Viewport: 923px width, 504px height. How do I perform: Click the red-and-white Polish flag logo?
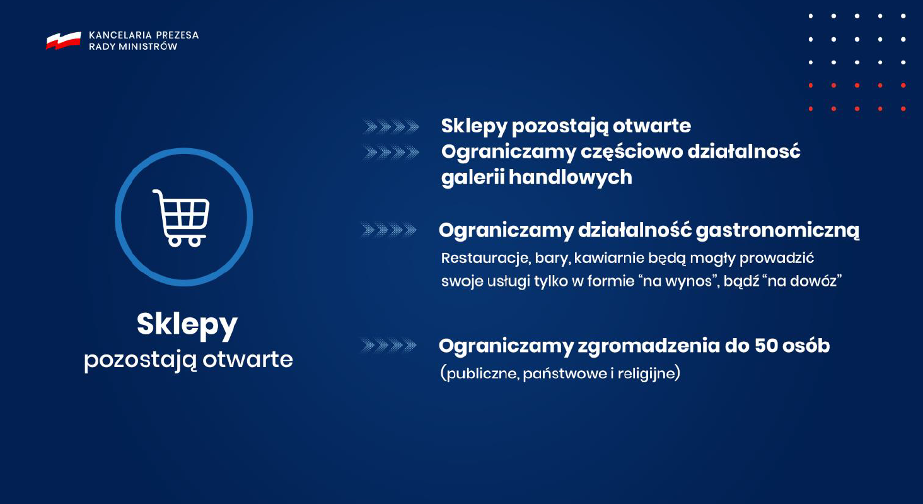click(64, 40)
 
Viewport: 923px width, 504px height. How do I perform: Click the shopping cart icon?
click(182, 218)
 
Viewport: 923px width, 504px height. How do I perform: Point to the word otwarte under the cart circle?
click(248, 360)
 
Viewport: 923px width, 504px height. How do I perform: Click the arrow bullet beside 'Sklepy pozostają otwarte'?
click(391, 127)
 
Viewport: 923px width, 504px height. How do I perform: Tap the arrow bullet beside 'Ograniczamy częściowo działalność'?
click(391, 153)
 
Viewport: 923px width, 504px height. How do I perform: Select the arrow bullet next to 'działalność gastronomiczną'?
click(388, 230)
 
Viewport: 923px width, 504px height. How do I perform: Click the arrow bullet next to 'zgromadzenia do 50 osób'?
click(388, 345)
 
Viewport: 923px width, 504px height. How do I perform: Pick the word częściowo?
click(631, 152)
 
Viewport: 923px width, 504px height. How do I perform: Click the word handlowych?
click(571, 177)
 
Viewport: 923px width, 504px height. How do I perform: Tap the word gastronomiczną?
click(777, 231)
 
